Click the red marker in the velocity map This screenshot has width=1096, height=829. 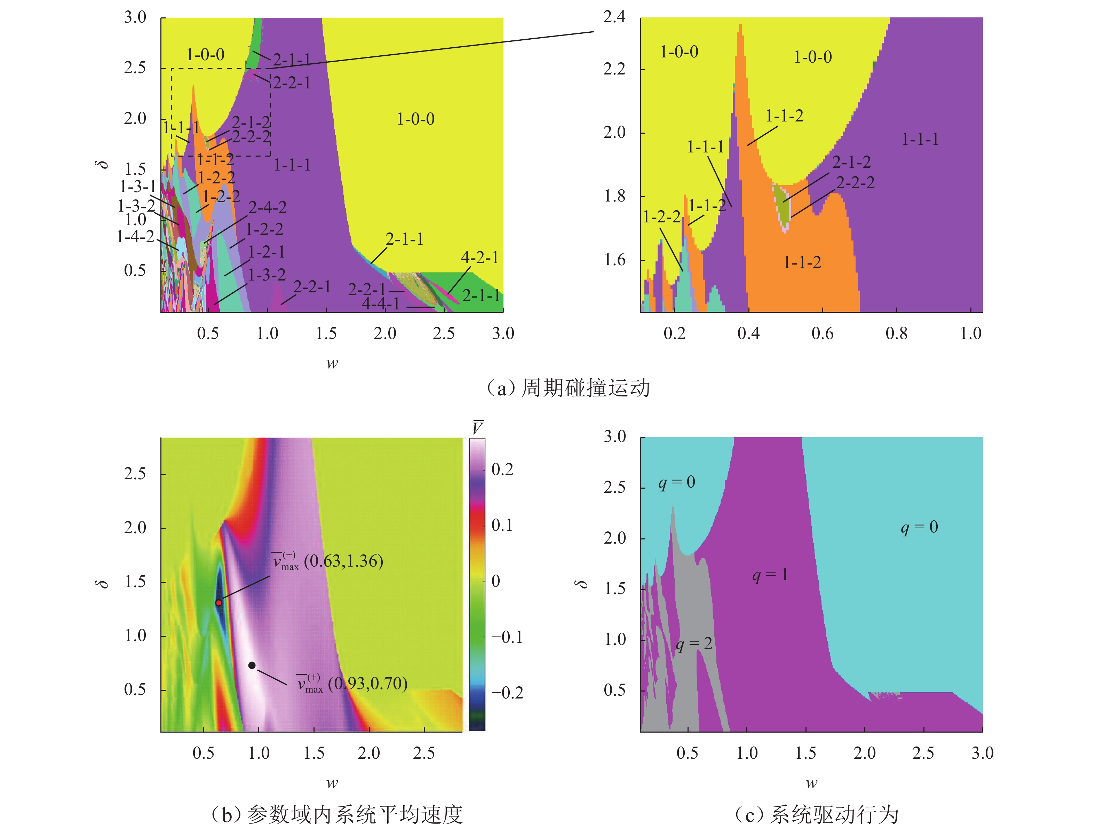pyautogui.click(x=219, y=602)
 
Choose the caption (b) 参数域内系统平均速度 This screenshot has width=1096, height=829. pyautogui.click(x=337, y=814)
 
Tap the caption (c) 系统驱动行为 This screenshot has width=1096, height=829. pyautogui.click(x=816, y=814)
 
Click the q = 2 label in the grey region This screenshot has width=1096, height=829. pyautogui.click(x=694, y=644)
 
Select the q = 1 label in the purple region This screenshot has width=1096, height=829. pyautogui.click(x=770, y=575)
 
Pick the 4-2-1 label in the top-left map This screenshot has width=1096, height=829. pyautogui.click(x=479, y=257)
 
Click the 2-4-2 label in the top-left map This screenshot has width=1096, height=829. pyautogui.click(x=268, y=207)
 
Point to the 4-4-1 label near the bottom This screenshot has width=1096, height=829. pyautogui.click(x=381, y=303)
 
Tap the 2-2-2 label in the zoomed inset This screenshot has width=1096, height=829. pyautogui.click(x=856, y=183)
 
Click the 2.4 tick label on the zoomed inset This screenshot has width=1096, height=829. pyautogui.click(x=614, y=18)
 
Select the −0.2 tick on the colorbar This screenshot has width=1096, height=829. pyautogui.click(x=507, y=692)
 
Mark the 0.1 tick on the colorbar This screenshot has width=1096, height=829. pyautogui.click(x=502, y=525)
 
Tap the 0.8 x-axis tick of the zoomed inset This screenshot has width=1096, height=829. pyautogui.click(x=896, y=333)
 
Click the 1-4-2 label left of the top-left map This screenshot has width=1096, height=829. pyautogui.click(x=135, y=237)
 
